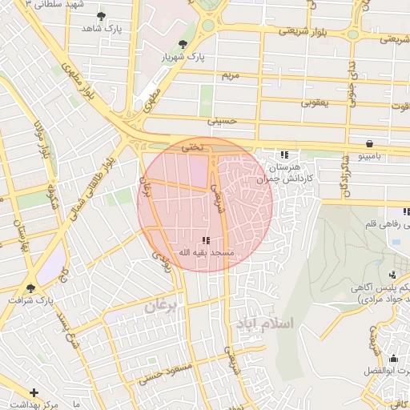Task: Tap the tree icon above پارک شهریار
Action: pos(184,44)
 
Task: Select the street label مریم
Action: pos(231,75)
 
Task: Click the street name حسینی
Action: pos(223,122)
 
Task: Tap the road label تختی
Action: pos(193,147)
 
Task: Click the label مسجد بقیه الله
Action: pos(205,253)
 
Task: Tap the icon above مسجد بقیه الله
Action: pos(206,239)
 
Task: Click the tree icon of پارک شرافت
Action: pos(31,287)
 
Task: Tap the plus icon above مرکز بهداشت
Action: pos(34,392)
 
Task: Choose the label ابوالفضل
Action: pos(388,372)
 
